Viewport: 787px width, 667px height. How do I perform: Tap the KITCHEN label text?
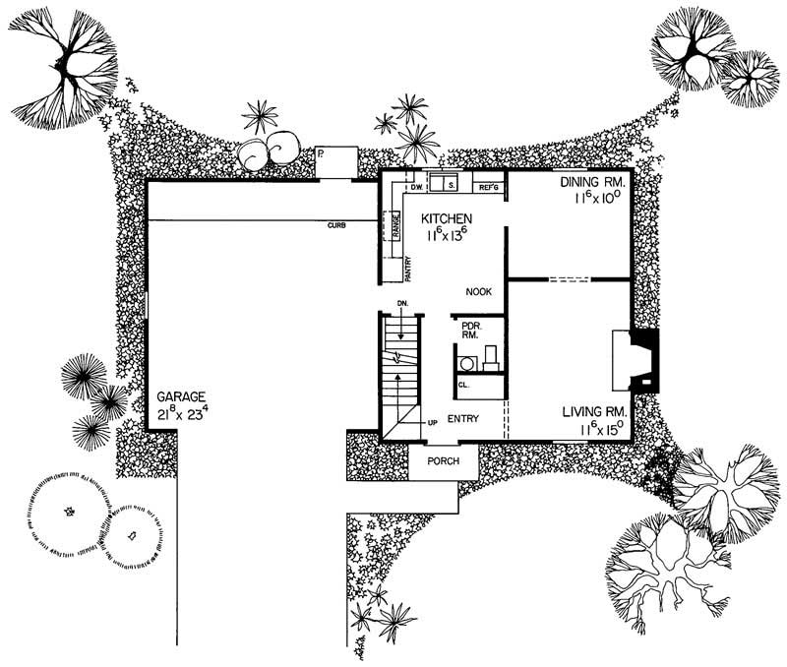click(448, 218)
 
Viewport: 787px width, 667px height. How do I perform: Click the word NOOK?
click(479, 291)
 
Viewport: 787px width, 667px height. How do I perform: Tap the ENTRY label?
click(462, 419)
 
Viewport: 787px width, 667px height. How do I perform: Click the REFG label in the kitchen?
click(489, 186)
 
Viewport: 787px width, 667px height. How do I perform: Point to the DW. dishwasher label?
click(415, 186)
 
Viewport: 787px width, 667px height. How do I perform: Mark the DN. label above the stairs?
click(401, 305)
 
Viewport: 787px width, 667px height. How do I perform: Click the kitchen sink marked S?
click(450, 184)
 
